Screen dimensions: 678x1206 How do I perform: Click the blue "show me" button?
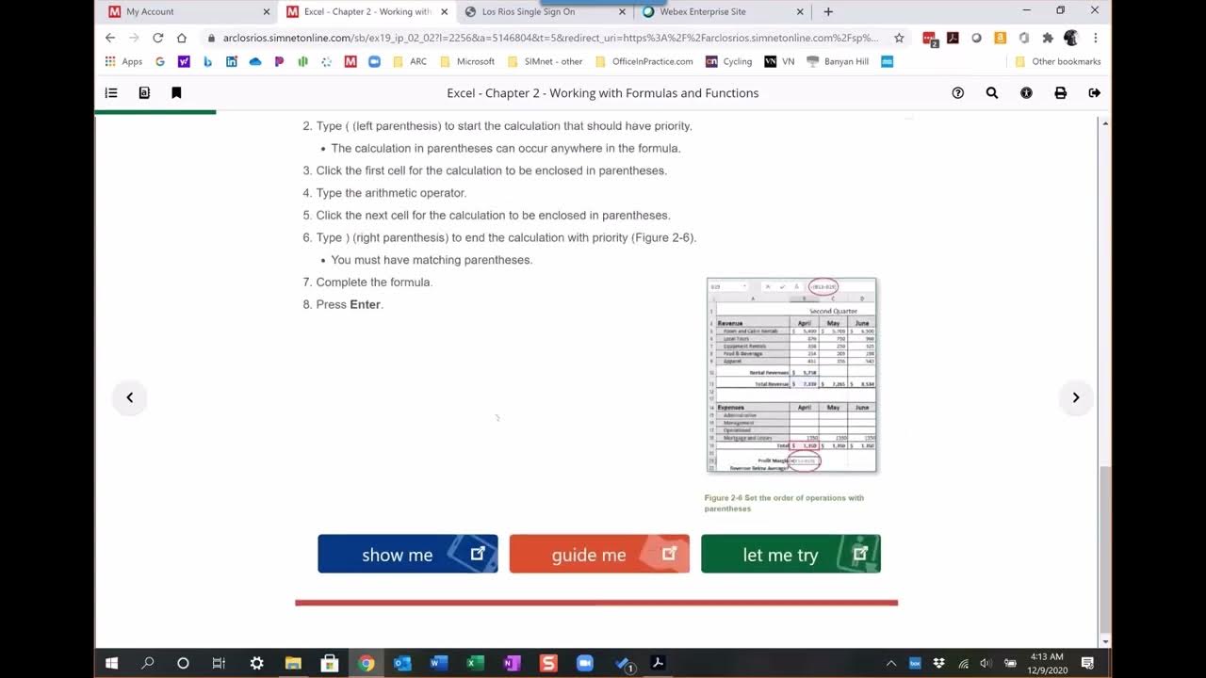407,554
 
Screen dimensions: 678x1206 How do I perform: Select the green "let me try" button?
790,554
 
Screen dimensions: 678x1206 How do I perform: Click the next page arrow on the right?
1075,397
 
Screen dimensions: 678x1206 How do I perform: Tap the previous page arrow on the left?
130,397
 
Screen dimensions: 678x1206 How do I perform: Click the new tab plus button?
828,12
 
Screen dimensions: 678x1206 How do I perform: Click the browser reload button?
157,38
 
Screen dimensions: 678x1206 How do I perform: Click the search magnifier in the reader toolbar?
992,93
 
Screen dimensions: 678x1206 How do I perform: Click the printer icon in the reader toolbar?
1060,93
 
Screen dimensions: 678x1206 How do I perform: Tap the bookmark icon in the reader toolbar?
176,93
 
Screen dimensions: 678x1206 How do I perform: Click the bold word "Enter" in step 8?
365,305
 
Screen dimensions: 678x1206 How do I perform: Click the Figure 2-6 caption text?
783,503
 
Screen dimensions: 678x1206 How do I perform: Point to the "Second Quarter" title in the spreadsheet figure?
833,311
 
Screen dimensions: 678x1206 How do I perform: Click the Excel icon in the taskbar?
476,663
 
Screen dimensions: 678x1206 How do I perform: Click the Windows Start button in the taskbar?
111,663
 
